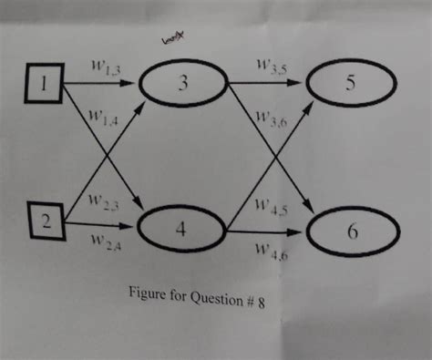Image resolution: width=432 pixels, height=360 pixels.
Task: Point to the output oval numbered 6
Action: pyautogui.click(x=351, y=235)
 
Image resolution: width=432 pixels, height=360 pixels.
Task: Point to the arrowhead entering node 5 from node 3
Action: pyautogui.click(x=304, y=84)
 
